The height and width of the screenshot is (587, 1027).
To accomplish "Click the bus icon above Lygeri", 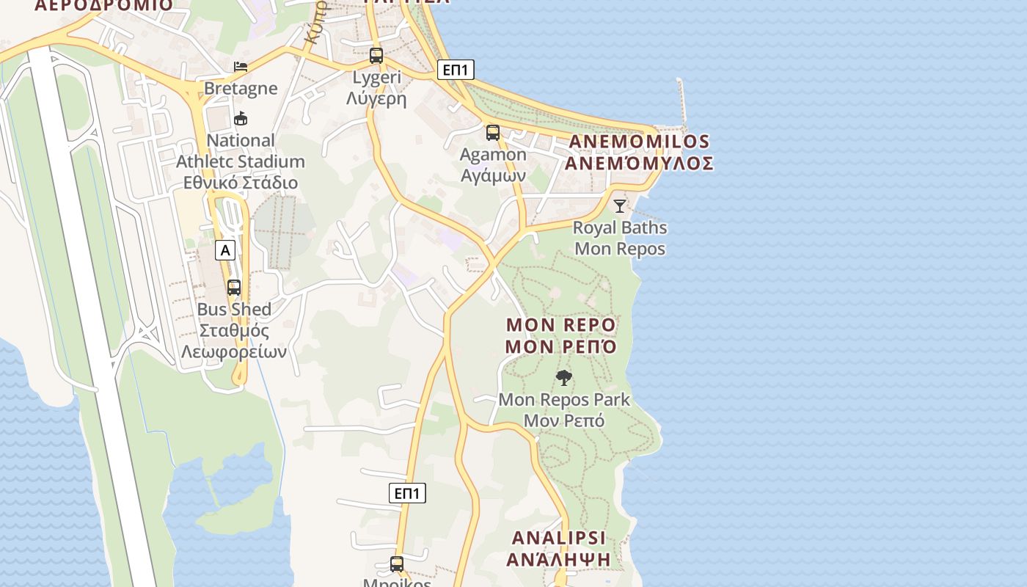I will point(376,55).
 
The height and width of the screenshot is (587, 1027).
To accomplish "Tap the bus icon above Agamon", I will point(493,133).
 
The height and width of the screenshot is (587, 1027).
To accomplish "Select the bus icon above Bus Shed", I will point(234,288).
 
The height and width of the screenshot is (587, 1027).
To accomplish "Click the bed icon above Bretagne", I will point(241,67).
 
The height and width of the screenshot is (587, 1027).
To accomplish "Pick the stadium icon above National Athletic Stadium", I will point(240,118).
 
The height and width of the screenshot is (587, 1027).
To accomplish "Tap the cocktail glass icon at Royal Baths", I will point(620,205).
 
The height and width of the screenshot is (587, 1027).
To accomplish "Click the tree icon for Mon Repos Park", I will point(564,378).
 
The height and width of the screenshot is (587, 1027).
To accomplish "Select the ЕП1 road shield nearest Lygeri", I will point(456,70).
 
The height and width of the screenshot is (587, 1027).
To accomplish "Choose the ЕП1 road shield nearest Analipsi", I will point(407,493).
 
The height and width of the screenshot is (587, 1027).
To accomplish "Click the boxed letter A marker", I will point(225,250).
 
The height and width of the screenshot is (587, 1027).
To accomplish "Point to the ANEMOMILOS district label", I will point(639,142).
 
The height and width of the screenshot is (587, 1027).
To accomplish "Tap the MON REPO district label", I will point(562,325).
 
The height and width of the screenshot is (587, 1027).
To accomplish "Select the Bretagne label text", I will point(241,89).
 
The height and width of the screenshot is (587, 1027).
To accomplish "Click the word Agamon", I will point(493,155).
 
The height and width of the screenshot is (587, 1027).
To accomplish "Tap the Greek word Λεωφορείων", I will point(234,351).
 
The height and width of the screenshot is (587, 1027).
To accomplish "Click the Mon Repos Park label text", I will point(564,400).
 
